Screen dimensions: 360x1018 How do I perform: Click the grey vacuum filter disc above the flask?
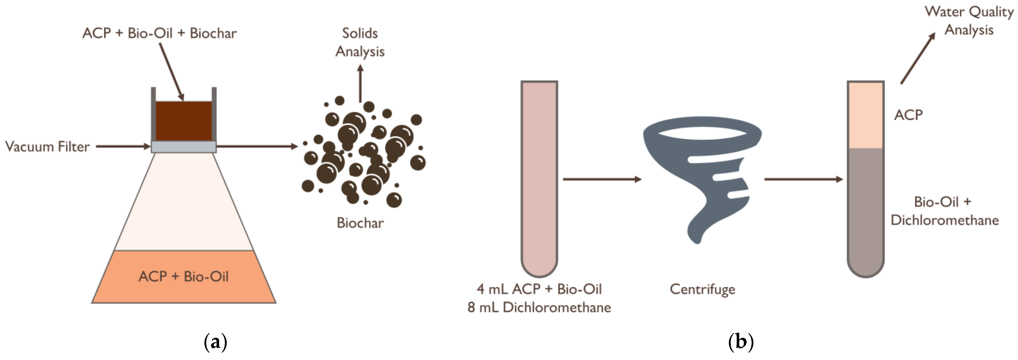click(x=184, y=147)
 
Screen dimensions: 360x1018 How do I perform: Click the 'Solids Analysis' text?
click(x=360, y=42)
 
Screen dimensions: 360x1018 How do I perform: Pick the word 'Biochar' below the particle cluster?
click(x=360, y=223)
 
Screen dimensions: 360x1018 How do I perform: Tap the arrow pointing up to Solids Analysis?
click(x=360, y=83)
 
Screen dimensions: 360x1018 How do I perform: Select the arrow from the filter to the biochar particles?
click(x=257, y=147)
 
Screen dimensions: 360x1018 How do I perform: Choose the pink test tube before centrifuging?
click(x=539, y=178)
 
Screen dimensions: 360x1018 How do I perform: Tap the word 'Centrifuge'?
click(x=702, y=289)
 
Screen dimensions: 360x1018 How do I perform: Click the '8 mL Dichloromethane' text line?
click(x=539, y=307)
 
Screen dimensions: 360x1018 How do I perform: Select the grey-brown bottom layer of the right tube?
click(x=865, y=209)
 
